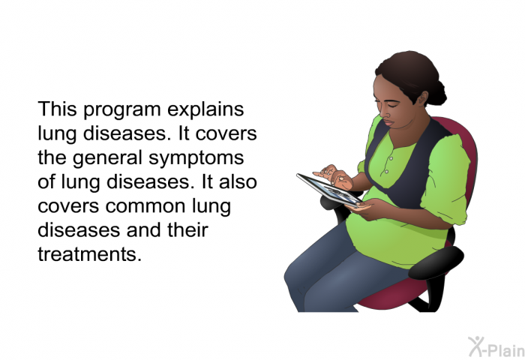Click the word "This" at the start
pyautogui.click(x=57, y=109)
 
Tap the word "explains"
pyautogui.click(x=205, y=110)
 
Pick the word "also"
pyautogui.click(x=238, y=181)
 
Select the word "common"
pyautogui.click(x=145, y=207)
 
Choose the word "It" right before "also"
pyautogui.click(x=207, y=181)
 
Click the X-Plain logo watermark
pyautogui.click(x=496, y=346)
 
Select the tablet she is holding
pyautogui.click(x=329, y=190)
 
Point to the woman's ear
pyautogui.click(x=423, y=97)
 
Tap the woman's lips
pyautogui.click(x=388, y=122)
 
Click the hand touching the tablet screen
pyautogui.click(x=333, y=175)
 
